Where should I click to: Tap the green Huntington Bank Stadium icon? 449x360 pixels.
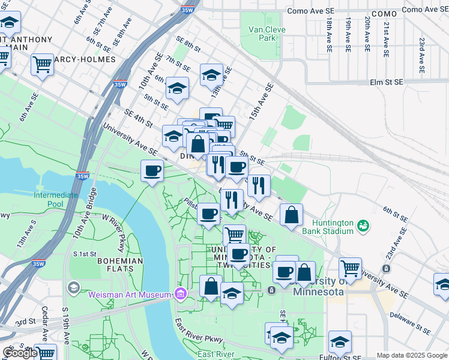coord(362,226)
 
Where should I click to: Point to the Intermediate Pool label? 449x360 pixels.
coord(56,200)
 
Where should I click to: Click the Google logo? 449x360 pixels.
coord(20,353)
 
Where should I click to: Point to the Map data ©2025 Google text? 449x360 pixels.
coord(412,355)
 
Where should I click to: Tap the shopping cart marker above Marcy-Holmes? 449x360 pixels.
coord(42,64)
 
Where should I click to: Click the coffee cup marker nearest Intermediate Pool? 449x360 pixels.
coord(152,171)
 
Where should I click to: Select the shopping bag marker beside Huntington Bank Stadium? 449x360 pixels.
coord(291,215)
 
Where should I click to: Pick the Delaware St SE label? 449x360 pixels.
coord(410,322)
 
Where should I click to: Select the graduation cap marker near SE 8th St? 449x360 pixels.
coord(211,74)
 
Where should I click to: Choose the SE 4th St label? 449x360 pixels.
coord(138,117)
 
